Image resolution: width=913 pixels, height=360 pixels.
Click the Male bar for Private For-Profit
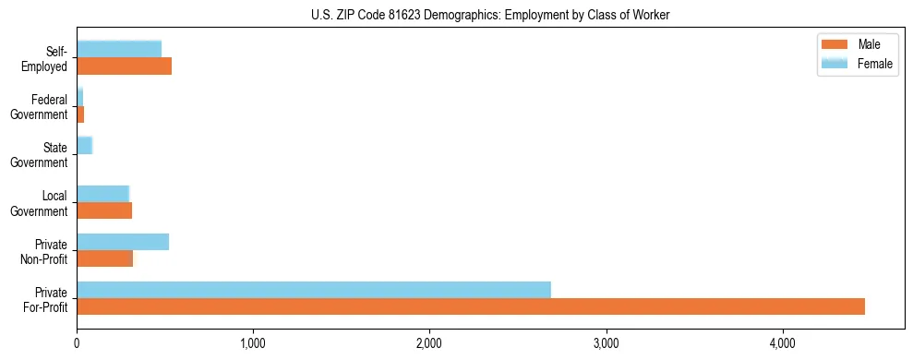[471, 306]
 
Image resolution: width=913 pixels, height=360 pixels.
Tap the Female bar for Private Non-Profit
[123, 242]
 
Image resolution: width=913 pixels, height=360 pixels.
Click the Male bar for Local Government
[104, 210]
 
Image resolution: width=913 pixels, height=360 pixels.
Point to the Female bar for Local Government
[102, 194]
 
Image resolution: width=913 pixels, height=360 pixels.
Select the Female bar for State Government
[84, 146]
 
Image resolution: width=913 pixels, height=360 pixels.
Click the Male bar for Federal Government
[80, 114]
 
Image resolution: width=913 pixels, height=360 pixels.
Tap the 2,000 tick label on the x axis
[429, 343]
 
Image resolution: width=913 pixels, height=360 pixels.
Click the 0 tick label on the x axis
[77, 343]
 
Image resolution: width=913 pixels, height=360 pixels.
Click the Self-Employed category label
[46, 58]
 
